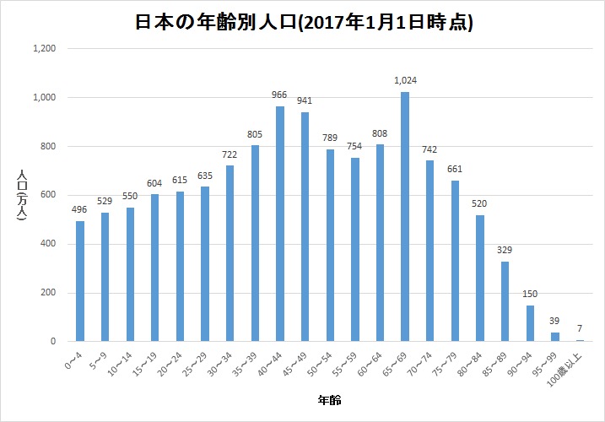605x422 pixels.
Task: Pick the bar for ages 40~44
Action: coord(280,224)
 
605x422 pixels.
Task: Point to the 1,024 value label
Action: coord(405,81)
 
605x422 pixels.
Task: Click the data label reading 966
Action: coord(280,95)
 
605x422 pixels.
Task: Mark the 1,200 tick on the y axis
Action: coord(44,49)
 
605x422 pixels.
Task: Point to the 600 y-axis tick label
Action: coord(47,195)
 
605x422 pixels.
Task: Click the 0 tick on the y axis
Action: coord(52,342)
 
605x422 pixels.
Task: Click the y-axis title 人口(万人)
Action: coord(24,195)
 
